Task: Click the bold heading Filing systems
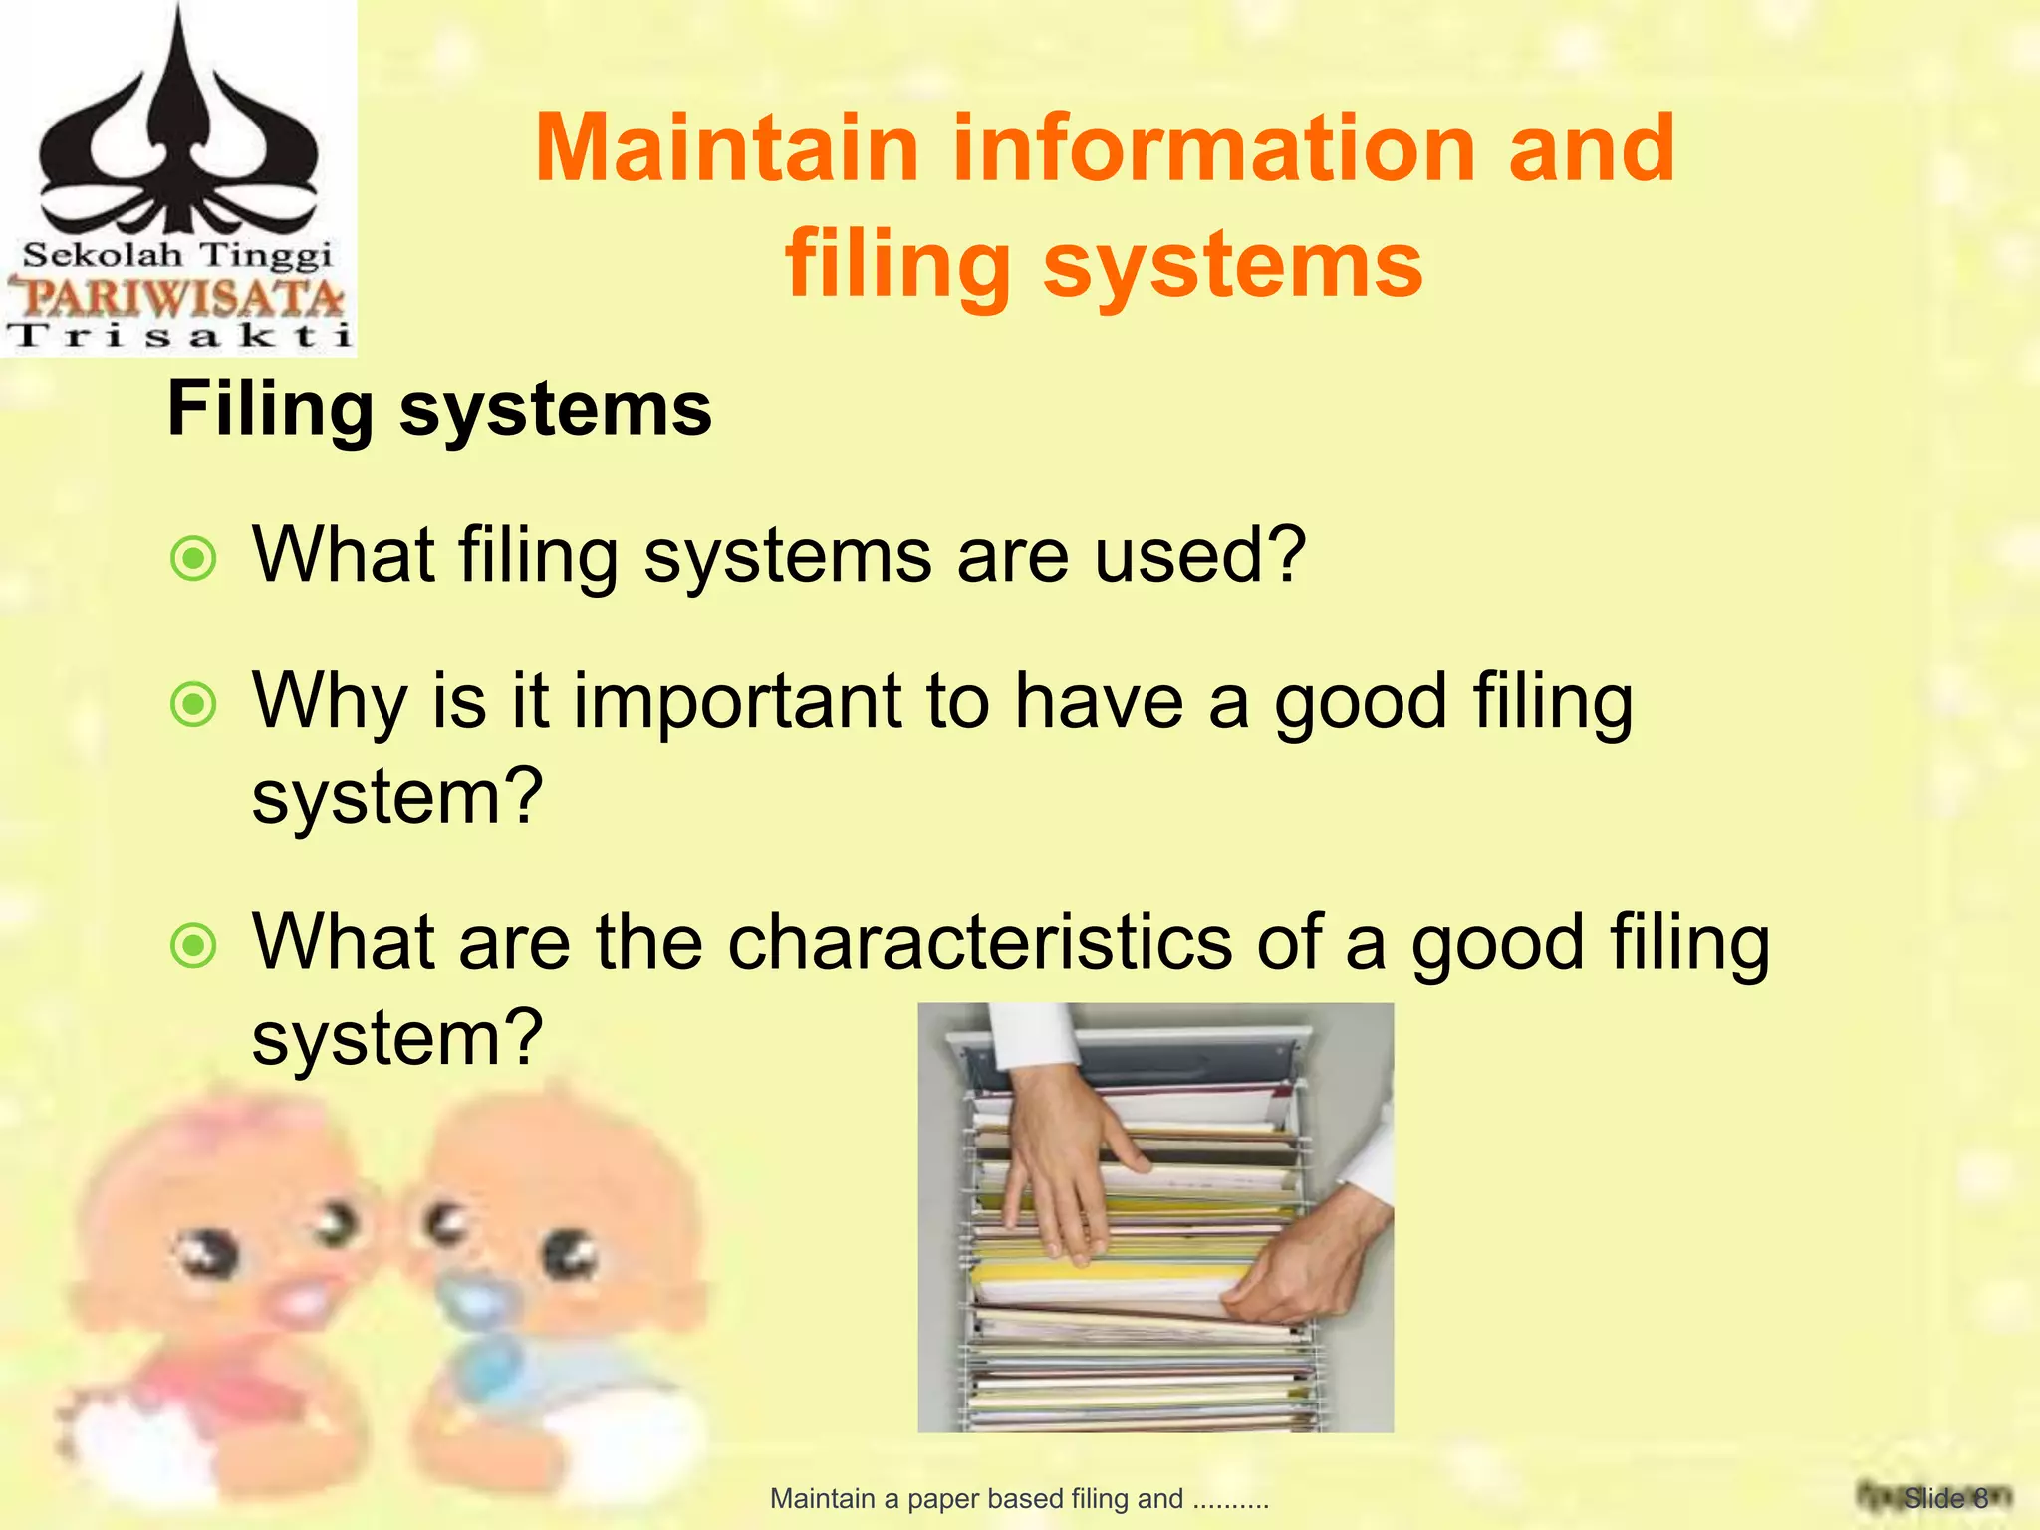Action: pos(439,409)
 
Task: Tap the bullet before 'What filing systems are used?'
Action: pos(193,559)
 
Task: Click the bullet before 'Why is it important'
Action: pos(193,705)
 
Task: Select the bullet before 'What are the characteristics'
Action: pos(193,946)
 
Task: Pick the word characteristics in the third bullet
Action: pos(980,942)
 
